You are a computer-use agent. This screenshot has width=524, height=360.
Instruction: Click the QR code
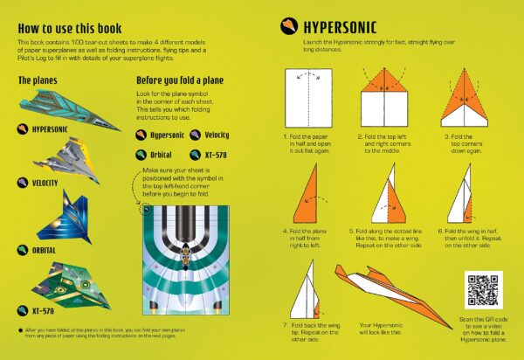(x=485, y=289)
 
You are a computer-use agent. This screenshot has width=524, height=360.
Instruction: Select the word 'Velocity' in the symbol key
(x=217, y=134)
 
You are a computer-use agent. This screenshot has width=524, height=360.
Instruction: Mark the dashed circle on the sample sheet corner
(x=145, y=208)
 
